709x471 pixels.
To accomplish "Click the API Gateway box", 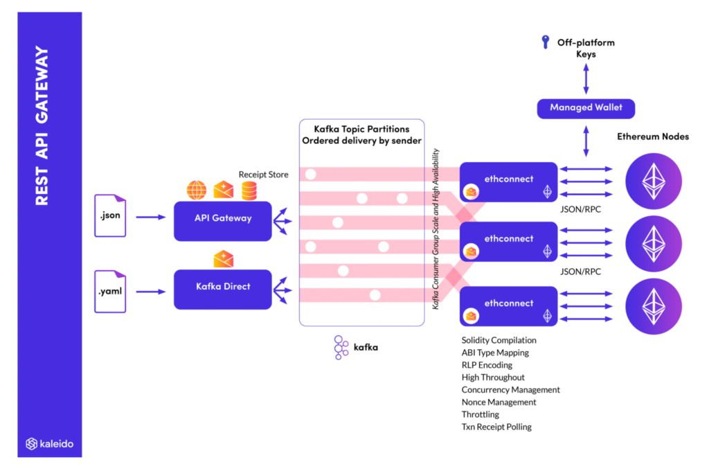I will pyautogui.click(x=222, y=219).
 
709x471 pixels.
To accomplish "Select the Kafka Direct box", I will pyautogui.click(x=222, y=286).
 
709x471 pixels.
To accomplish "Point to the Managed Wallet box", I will pyautogui.click(x=586, y=107).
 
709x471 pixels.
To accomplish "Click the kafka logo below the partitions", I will pyautogui.click(x=341, y=348).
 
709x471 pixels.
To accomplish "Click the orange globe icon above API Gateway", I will pyautogui.click(x=197, y=190).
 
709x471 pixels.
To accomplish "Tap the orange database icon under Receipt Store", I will pyautogui.click(x=249, y=190).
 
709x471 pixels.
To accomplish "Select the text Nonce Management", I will pyautogui.click(x=499, y=402).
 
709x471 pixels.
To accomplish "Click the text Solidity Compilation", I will pyautogui.click(x=499, y=340).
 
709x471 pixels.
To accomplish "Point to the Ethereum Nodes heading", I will pyautogui.click(x=652, y=136).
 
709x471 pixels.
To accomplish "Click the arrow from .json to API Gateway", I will pyautogui.click(x=151, y=217).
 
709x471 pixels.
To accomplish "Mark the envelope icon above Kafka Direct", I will pyautogui.click(x=223, y=259).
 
